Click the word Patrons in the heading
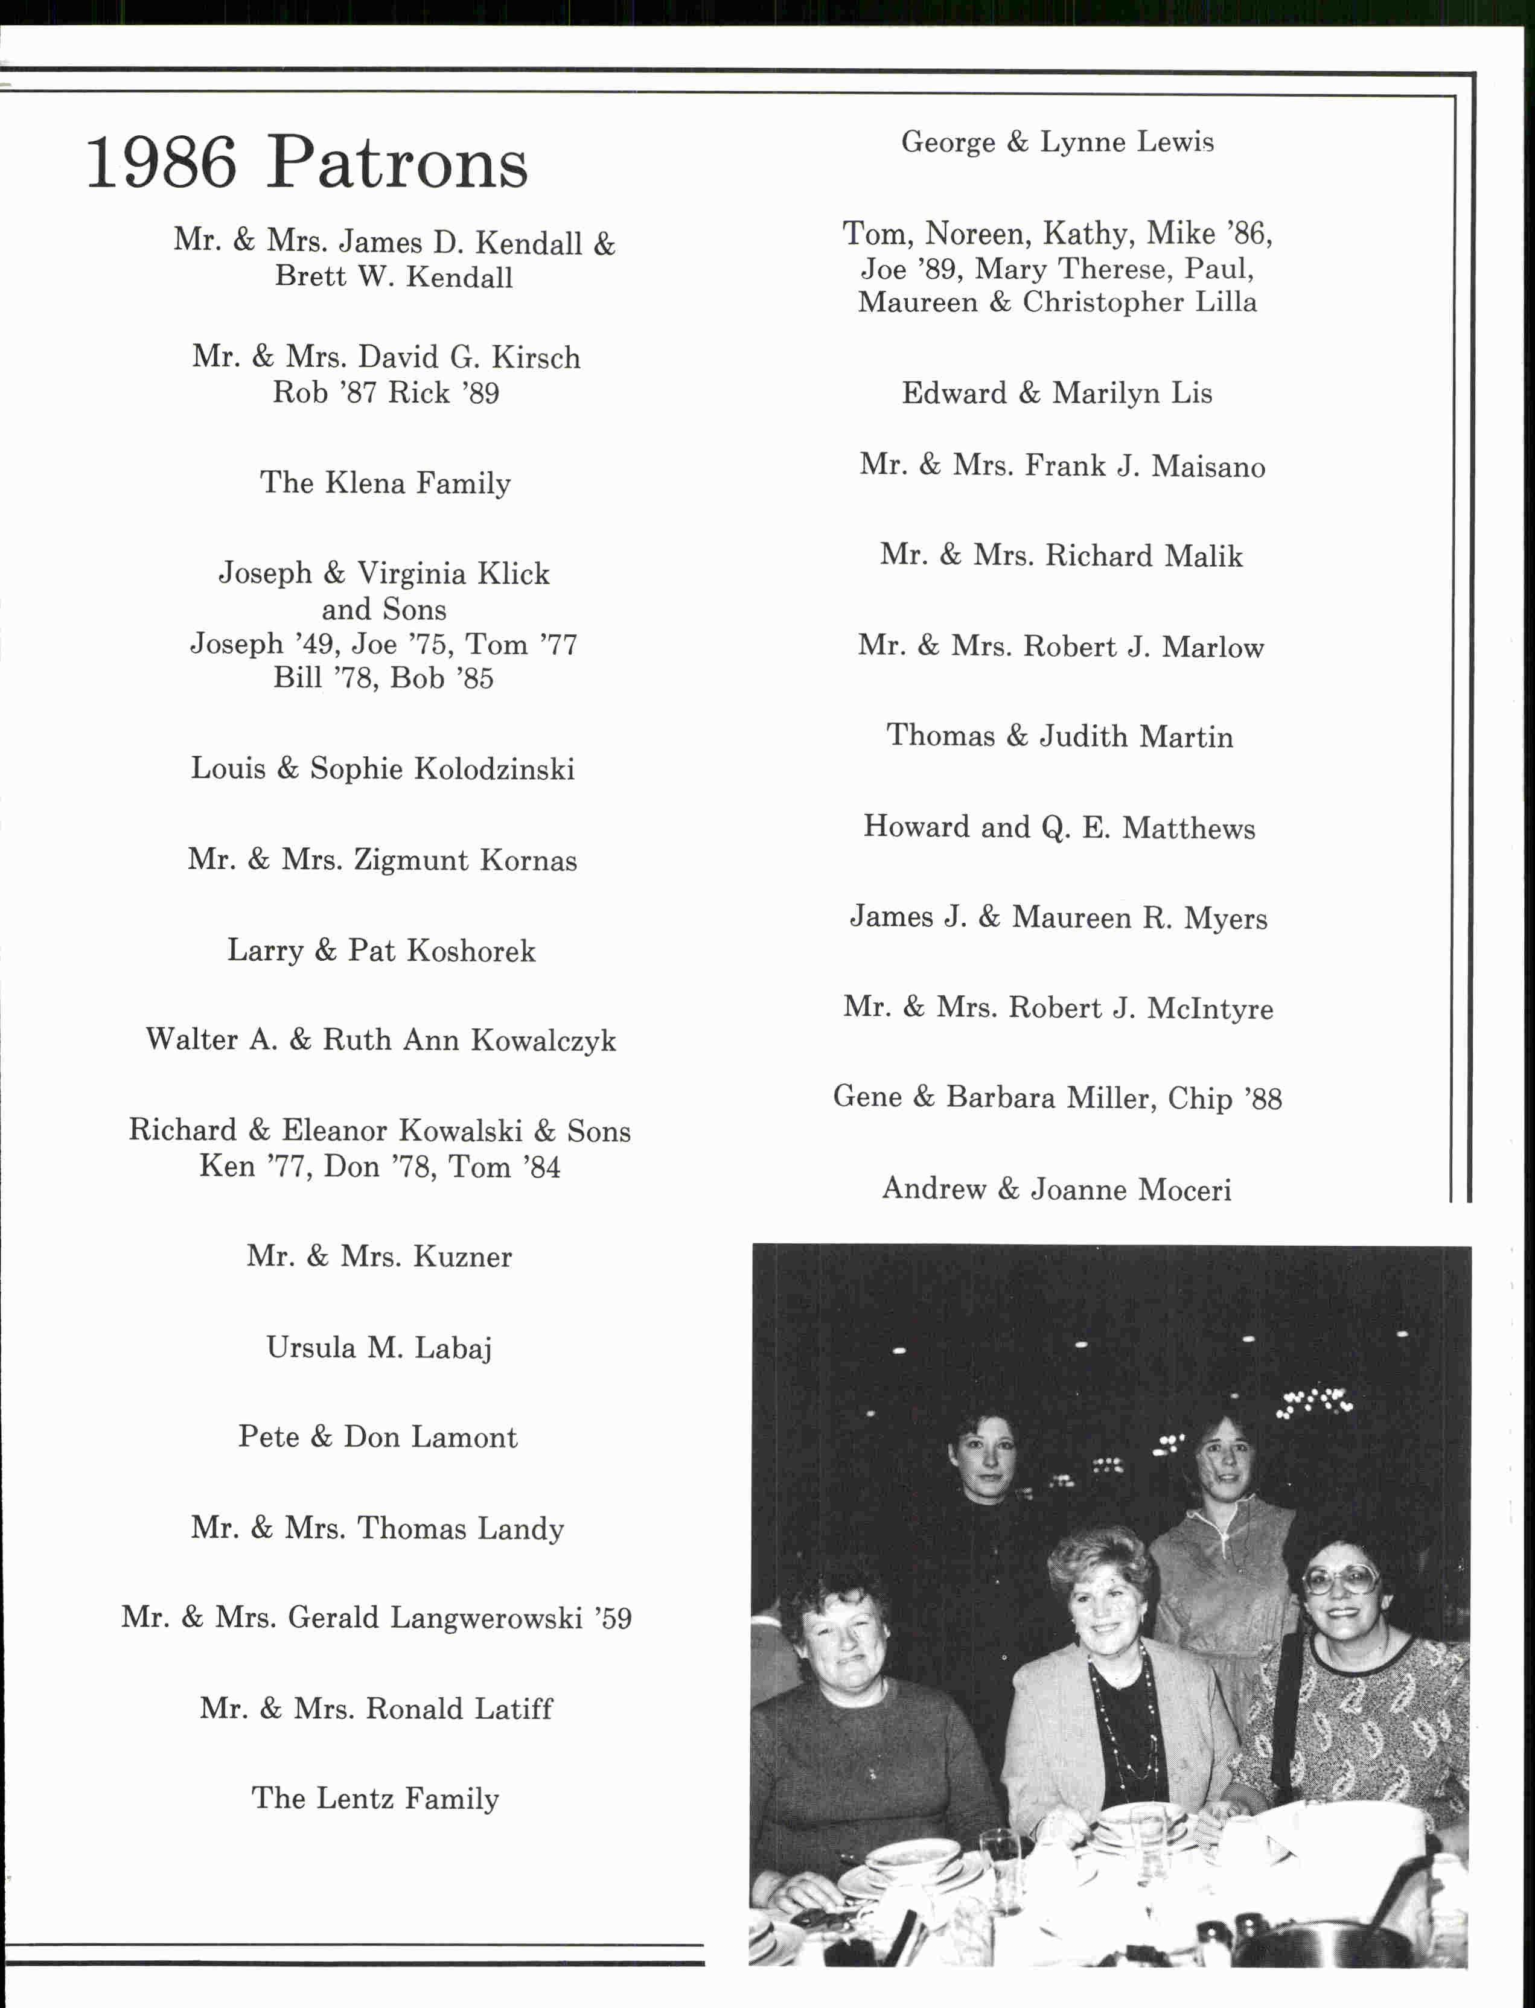(397, 162)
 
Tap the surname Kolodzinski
(494, 769)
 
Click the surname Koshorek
(471, 951)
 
